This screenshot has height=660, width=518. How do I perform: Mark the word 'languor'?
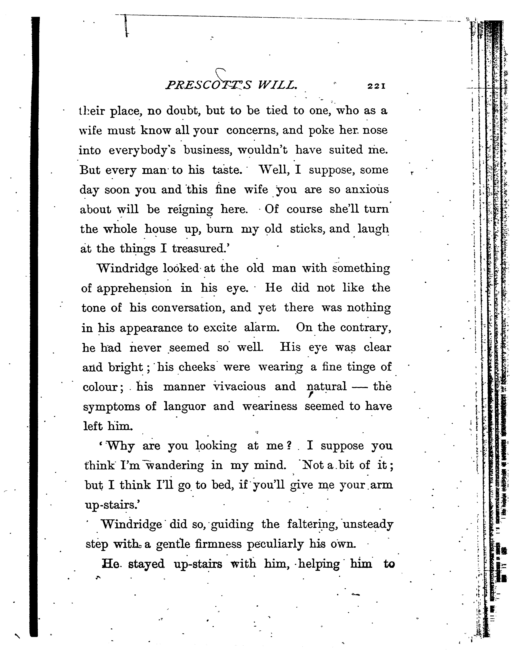pos(185,407)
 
